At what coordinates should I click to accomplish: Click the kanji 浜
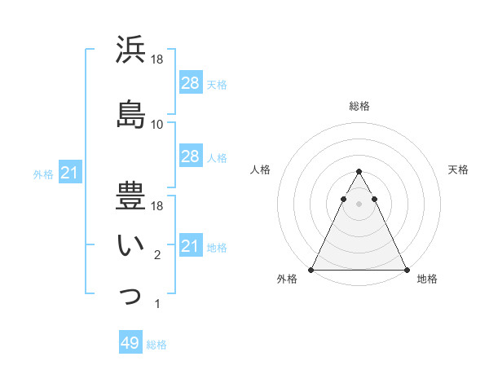pos(130,50)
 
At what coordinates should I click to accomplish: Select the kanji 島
pos(130,113)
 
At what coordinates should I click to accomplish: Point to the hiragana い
pos(130,244)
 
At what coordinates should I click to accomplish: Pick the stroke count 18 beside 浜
pos(157,59)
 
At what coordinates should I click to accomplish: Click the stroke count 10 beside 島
pos(157,125)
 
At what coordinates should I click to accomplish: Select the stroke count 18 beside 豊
pos(157,206)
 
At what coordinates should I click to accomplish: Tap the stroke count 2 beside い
pos(157,256)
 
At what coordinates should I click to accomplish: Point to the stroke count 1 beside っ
pos(157,305)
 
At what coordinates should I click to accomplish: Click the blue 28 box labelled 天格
pos(191,83)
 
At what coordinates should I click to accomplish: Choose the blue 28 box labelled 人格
pos(191,156)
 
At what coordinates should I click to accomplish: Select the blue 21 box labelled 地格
pos(191,246)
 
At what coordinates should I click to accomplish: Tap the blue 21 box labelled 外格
pos(71,173)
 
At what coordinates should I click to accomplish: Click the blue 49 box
pos(130,343)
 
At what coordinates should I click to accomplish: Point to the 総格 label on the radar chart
pos(359,107)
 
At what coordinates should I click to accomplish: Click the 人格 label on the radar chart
pos(260,169)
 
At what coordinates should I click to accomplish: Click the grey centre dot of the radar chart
pos(359,205)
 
